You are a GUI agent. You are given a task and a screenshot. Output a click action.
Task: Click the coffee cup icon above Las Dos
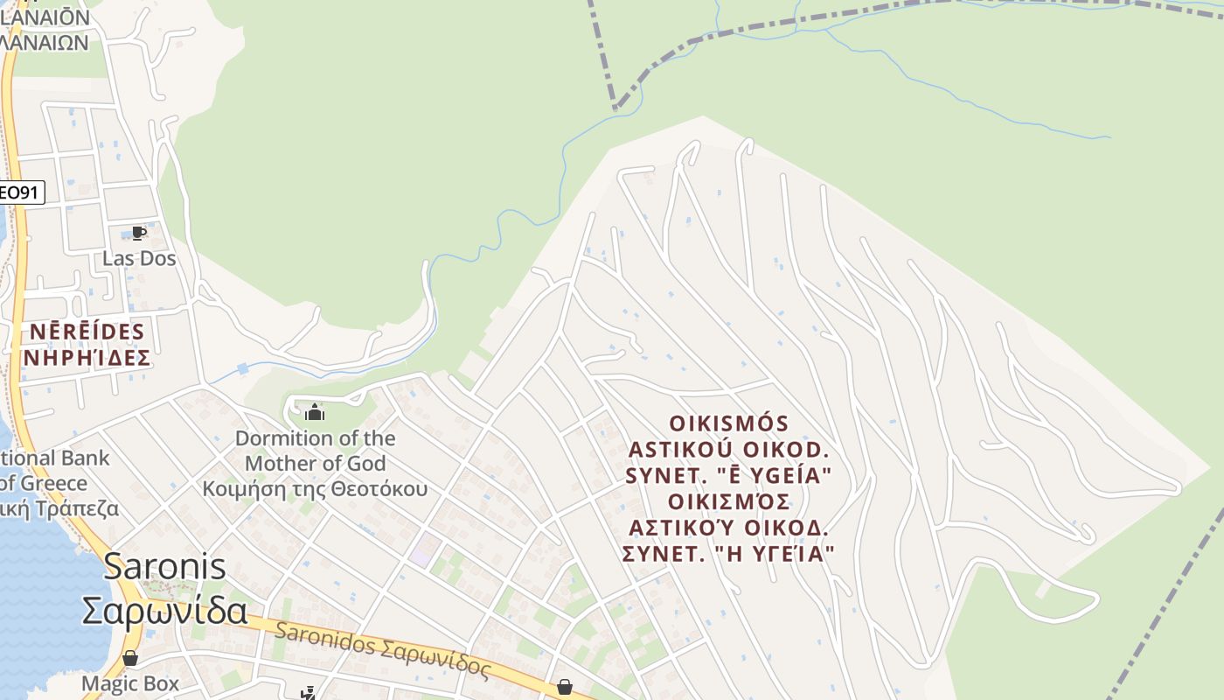(138, 233)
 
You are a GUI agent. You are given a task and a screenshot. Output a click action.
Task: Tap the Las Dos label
(139, 258)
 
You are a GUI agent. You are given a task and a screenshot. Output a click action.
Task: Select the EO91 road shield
(20, 192)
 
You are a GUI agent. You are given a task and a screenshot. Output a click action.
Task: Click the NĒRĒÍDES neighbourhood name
(87, 332)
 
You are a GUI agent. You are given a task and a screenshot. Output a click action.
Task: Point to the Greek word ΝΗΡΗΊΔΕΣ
(87, 358)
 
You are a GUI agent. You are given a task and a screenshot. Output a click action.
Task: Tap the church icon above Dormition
(315, 411)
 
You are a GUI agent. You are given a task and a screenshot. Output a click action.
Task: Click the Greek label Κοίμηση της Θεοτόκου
(316, 488)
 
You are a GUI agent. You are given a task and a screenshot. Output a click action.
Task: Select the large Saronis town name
(165, 566)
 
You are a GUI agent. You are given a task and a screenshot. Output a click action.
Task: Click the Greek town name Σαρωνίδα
(165, 610)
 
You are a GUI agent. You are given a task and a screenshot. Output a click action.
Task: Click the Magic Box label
(130, 683)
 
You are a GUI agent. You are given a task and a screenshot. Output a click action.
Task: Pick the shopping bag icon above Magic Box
(130, 658)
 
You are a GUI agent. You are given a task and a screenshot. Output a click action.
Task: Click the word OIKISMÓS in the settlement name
(728, 423)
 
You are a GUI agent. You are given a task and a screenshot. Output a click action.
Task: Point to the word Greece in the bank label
(54, 483)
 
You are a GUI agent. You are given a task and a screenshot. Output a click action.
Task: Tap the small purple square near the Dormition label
(421, 557)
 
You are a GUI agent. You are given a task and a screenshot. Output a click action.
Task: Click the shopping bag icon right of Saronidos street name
(565, 687)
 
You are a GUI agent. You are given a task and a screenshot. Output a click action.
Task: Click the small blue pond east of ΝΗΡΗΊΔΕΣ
(242, 369)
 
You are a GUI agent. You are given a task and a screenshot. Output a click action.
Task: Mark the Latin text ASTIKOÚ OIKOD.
(728, 450)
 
